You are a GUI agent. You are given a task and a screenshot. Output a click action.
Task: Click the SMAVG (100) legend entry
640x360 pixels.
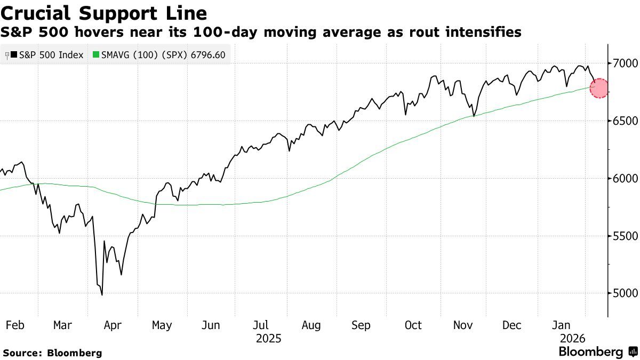point(159,55)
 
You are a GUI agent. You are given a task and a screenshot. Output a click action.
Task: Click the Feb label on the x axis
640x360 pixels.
point(14,325)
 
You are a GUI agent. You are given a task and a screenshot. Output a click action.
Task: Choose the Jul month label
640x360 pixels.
point(260,325)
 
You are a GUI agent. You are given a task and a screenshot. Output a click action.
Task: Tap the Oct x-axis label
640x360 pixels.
point(413,325)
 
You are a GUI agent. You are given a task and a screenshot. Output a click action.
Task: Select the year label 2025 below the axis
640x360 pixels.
point(268,339)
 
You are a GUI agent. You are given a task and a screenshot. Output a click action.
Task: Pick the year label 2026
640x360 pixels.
point(572,339)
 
